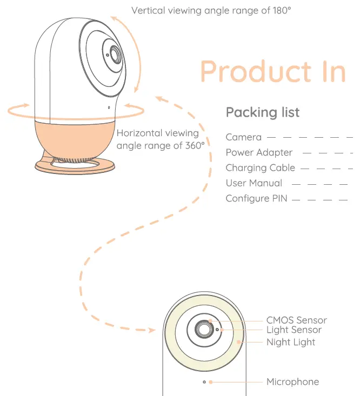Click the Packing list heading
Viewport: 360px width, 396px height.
262,112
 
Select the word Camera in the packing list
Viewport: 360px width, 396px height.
243,137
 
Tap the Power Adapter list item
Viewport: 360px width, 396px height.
259,152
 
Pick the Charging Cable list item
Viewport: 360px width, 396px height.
261,168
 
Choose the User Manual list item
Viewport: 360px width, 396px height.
254,183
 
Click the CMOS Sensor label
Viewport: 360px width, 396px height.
296,320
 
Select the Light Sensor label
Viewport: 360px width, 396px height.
294,330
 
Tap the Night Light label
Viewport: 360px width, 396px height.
290,342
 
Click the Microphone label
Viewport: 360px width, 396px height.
292,382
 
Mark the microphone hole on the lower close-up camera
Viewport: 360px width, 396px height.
204,382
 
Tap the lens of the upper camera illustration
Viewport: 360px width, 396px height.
115,54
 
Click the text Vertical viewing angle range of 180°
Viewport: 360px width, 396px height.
211,10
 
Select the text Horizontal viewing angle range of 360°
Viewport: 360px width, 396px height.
161,139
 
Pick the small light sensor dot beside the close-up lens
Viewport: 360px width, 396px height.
217,328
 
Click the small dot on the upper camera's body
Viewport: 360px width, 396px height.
109,107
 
